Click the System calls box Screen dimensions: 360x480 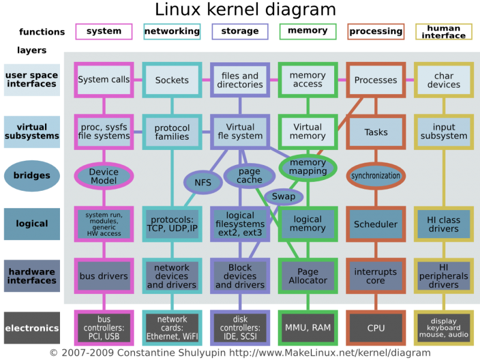pos(104,80)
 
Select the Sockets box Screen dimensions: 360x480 pos(172,80)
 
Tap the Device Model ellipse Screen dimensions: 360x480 pos(104,176)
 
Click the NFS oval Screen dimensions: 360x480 pos(203,183)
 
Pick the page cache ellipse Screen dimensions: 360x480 pos(250,175)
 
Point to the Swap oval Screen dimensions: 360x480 pos(283,196)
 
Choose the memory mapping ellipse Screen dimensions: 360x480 pos(308,167)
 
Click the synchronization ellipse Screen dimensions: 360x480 pos(376,176)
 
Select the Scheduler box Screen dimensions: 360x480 pos(376,224)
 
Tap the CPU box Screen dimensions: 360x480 pos(376,328)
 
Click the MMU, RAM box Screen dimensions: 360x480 pos(308,328)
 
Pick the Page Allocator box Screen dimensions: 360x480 pos(308,276)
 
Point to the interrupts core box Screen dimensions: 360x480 pos(376,276)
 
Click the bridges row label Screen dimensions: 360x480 pos(32,176)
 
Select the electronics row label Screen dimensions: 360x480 pos(32,328)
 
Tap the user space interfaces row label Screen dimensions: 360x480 pos(32,80)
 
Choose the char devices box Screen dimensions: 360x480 pos(444,80)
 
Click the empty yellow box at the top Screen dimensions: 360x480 pos(444,32)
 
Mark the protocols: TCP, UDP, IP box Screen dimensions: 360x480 pos(172,224)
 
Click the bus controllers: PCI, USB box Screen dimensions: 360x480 pos(104,328)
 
